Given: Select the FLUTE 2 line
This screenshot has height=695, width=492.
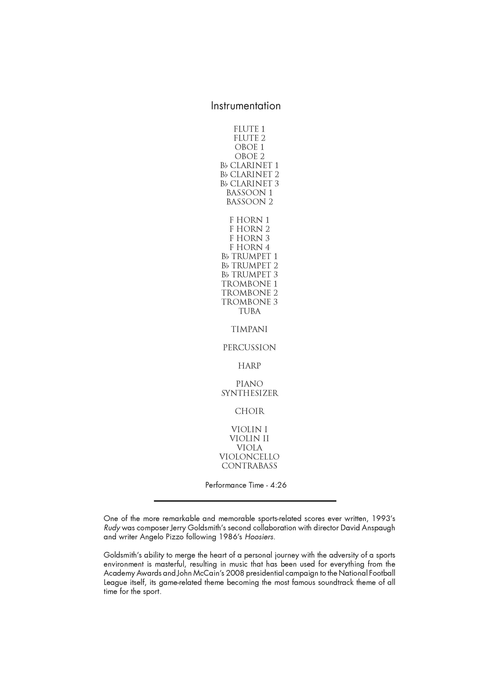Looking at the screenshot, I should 249,138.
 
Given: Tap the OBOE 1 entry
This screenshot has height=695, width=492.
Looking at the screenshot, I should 249,147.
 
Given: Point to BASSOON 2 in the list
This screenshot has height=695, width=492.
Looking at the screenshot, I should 249,202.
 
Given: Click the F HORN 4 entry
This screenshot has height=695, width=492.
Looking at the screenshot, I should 249,247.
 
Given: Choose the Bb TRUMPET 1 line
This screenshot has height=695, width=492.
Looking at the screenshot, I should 249,256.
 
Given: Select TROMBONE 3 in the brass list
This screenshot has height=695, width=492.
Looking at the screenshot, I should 249,302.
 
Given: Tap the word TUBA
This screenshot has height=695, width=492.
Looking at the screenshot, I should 249,311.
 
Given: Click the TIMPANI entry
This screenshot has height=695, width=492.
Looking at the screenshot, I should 249,329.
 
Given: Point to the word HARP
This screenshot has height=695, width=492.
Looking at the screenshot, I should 249,366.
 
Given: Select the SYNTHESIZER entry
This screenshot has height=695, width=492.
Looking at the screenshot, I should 249,393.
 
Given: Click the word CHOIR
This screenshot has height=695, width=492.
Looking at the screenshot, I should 249,411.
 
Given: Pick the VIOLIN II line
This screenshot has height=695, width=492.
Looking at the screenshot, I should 249,439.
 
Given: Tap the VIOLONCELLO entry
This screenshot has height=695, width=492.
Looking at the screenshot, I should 249,457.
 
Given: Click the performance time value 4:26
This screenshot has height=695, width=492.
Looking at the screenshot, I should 278,485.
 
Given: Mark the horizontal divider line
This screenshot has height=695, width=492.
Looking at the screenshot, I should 245,501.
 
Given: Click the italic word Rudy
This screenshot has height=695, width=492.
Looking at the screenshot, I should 112,528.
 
